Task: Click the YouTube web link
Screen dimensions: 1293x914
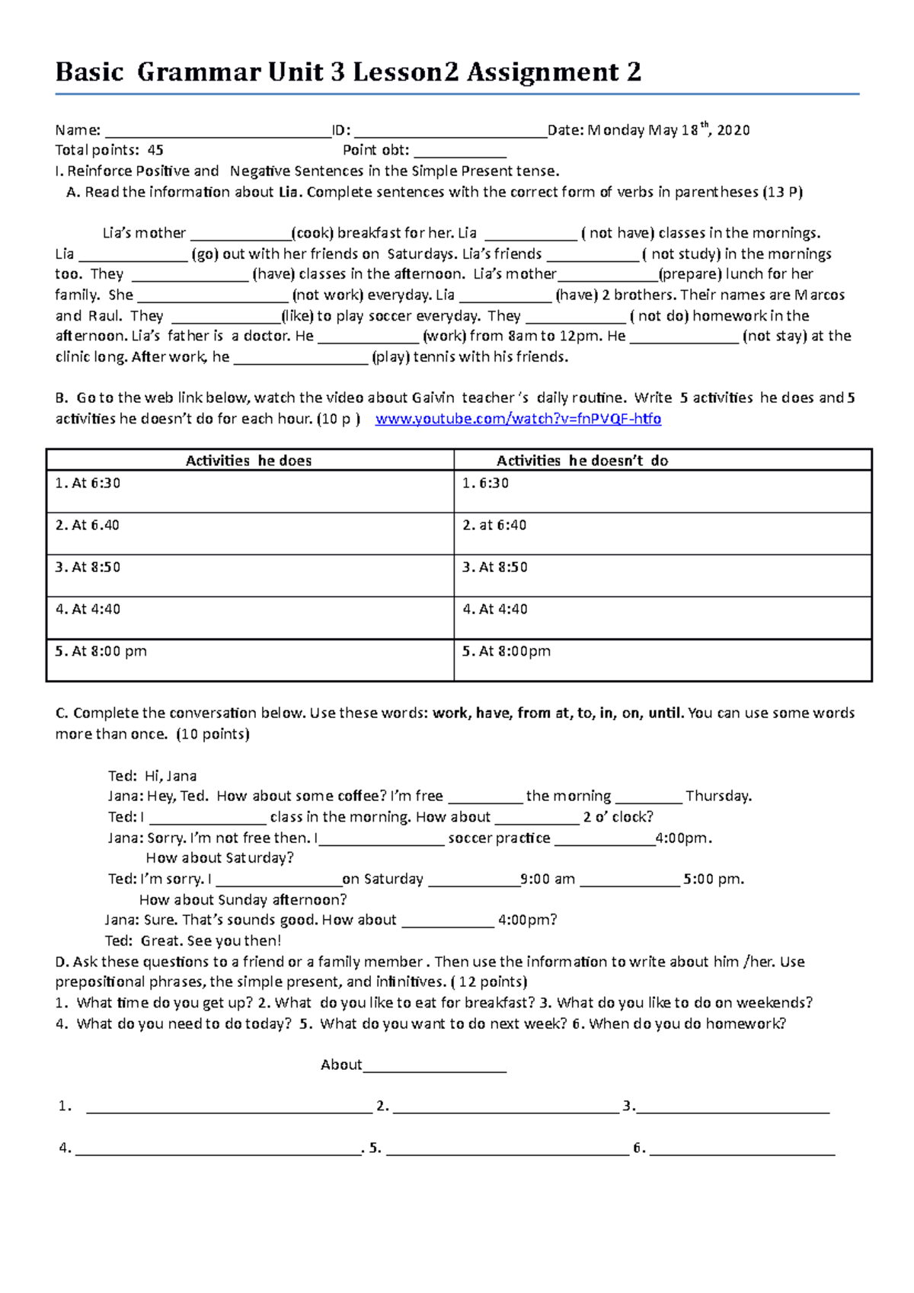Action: tap(518, 419)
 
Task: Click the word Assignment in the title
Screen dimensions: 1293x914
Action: tap(543, 72)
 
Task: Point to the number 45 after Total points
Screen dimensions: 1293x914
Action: tap(155, 151)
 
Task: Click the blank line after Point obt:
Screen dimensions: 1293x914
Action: tap(460, 152)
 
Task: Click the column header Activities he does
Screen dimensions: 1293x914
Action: tap(248, 461)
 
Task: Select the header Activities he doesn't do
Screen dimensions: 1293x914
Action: tap(582, 461)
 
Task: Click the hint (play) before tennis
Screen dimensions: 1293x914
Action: tap(391, 357)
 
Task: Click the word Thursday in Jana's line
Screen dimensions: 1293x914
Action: tap(718, 797)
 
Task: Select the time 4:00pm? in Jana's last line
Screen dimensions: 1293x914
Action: tap(527, 920)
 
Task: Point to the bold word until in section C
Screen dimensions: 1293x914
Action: tap(665, 714)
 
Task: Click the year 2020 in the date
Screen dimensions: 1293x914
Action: tap(733, 130)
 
